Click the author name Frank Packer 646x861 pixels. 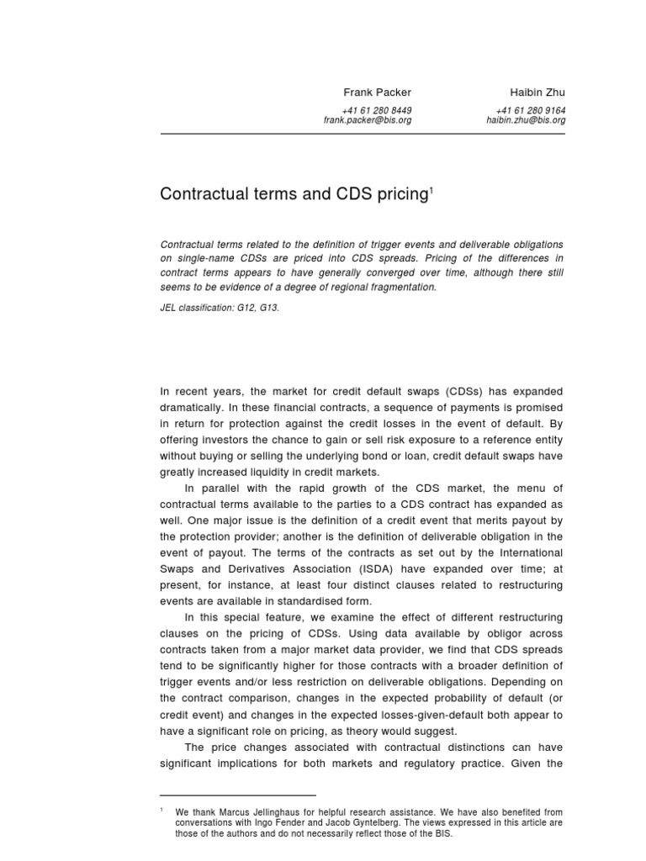[377, 92]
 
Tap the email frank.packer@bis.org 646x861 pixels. [368, 120]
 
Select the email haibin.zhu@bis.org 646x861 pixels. [526, 120]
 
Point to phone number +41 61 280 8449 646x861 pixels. [377, 110]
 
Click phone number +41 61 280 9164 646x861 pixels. [531, 110]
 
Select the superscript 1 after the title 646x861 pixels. [432, 190]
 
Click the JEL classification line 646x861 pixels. [220, 308]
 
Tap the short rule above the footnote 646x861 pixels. [238, 795]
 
